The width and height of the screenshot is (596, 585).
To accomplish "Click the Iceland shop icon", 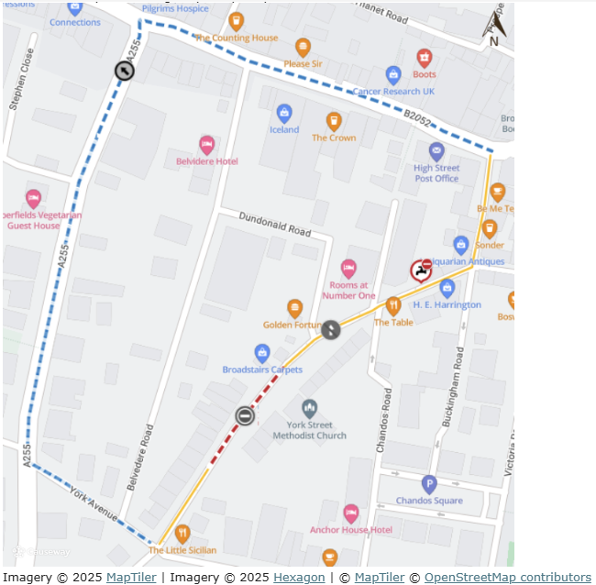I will pos(284,113).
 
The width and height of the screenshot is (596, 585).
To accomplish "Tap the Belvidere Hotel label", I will pos(207,161).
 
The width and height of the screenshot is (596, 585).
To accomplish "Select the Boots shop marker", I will pos(424,58).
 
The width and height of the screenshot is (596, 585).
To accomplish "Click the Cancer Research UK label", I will pos(393,92).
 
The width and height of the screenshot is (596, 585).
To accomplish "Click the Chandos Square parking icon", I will pos(429,484).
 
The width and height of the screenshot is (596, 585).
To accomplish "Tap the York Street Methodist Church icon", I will pos(310,408).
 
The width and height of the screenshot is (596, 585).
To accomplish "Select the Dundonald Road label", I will pos(276,226).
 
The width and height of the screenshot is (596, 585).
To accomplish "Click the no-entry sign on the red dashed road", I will pos(244,416).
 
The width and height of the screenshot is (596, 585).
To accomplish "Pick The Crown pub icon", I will pos(334,121).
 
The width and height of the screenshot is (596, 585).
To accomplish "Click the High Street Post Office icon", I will pos(436,151).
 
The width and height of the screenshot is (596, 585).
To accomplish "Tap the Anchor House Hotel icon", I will pos(350,513).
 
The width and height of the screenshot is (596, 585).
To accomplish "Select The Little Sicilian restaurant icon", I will pos(182,534).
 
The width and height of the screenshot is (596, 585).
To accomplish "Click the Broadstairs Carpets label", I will pos(262,370).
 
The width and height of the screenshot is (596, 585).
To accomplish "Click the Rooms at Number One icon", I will pos(348,268).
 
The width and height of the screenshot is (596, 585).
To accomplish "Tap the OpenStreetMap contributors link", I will pos(507,577).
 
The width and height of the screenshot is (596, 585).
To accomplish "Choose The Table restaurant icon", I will pos(393,306).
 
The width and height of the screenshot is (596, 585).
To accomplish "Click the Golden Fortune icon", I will pos(294,308).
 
